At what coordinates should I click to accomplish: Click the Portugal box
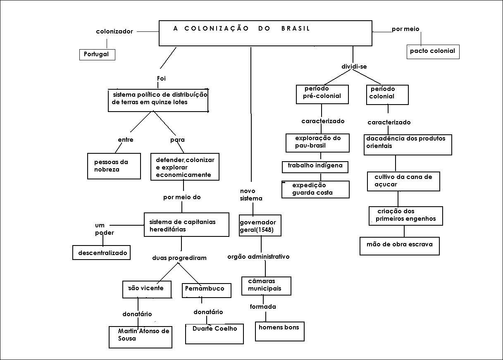(97, 55)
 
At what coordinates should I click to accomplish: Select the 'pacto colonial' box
(432, 51)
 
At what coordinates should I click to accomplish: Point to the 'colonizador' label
(114, 31)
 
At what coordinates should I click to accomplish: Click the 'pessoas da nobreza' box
(113, 166)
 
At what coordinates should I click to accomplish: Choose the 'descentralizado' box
(102, 253)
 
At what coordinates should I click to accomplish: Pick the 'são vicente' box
(147, 289)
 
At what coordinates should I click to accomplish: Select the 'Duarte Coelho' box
(214, 333)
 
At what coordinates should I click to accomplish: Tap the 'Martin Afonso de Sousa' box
(141, 336)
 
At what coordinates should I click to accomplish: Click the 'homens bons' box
(279, 331)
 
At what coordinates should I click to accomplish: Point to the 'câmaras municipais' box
(266, 286)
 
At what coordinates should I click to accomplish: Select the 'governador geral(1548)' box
(260, 225)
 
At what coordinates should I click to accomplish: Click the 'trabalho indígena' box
(315, 167)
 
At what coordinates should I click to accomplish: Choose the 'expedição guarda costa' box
(316, 189)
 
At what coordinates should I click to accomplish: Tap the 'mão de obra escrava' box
(399, 246)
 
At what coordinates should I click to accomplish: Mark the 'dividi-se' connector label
(354, 67)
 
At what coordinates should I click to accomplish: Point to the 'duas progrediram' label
(179, 258)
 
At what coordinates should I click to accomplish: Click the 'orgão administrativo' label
(258, 257)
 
